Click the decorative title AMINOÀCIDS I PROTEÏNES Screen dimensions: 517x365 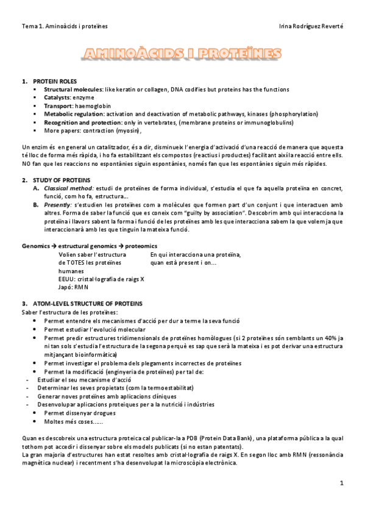pos(182,54)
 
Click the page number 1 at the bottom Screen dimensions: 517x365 pos(342,483)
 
